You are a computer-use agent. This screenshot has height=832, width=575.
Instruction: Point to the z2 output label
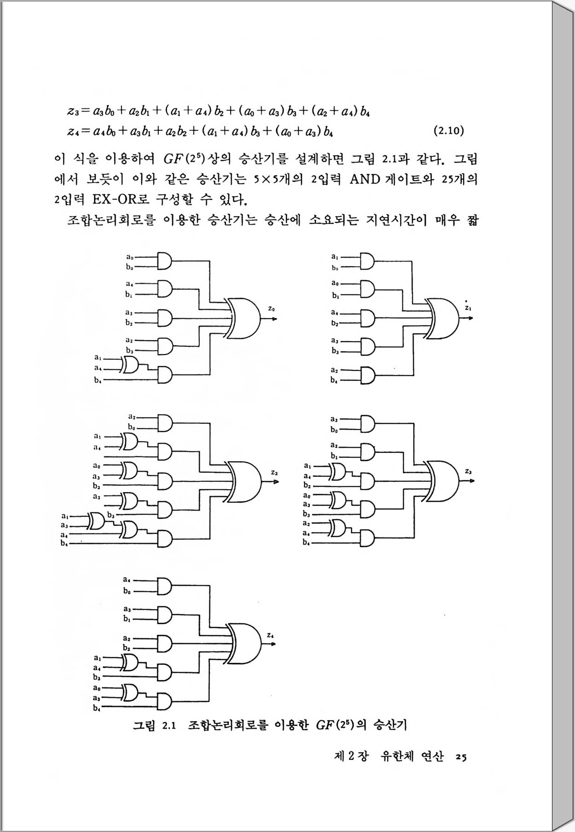pyautogui.click(x=274, y=472)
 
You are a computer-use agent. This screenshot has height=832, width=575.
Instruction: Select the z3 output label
pyautogui.click(x=468, y=471)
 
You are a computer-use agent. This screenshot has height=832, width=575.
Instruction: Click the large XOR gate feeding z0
pyautogui.click(x=244, y=317)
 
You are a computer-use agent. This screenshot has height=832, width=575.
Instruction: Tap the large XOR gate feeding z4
pyautogui.click(x=244, y=644)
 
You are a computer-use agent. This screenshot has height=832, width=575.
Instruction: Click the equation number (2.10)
pyautogui.click(x=449, y=131)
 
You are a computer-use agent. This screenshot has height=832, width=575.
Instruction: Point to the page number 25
pyautogui.click(x=461, y=757)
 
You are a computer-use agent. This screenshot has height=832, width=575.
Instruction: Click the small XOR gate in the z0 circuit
pyautogui.click(x=131, y=365)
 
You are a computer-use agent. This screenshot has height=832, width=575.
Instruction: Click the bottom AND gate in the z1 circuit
pyautogui.click(x=367, y=375)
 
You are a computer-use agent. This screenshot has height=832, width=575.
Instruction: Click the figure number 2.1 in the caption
pyautogui.click(x=169, y=726)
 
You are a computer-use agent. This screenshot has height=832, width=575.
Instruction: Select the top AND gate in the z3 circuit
pyautogui.click(x=367, y=423)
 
